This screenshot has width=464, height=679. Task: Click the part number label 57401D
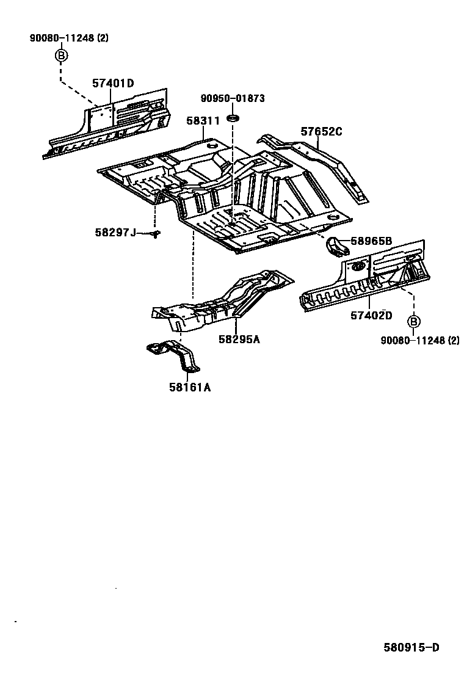(x=113, y=84)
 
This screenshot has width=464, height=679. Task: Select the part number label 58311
(x=203, y=122)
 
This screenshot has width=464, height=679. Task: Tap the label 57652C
(x=321, y=131)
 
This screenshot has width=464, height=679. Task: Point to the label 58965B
(x=371, y=241)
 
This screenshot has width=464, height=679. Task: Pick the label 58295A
(x=239, y=339)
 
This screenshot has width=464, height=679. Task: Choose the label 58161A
(x=190, y=387)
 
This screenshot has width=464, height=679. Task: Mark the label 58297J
(x=115, y=232)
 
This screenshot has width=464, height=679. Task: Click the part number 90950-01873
(x=233, y=98)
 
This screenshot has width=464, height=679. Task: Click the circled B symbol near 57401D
(x=61, y=56)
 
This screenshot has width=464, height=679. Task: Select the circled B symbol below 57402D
(x=413, y=322)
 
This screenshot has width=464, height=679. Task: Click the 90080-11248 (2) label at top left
(x=69, y=38)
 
